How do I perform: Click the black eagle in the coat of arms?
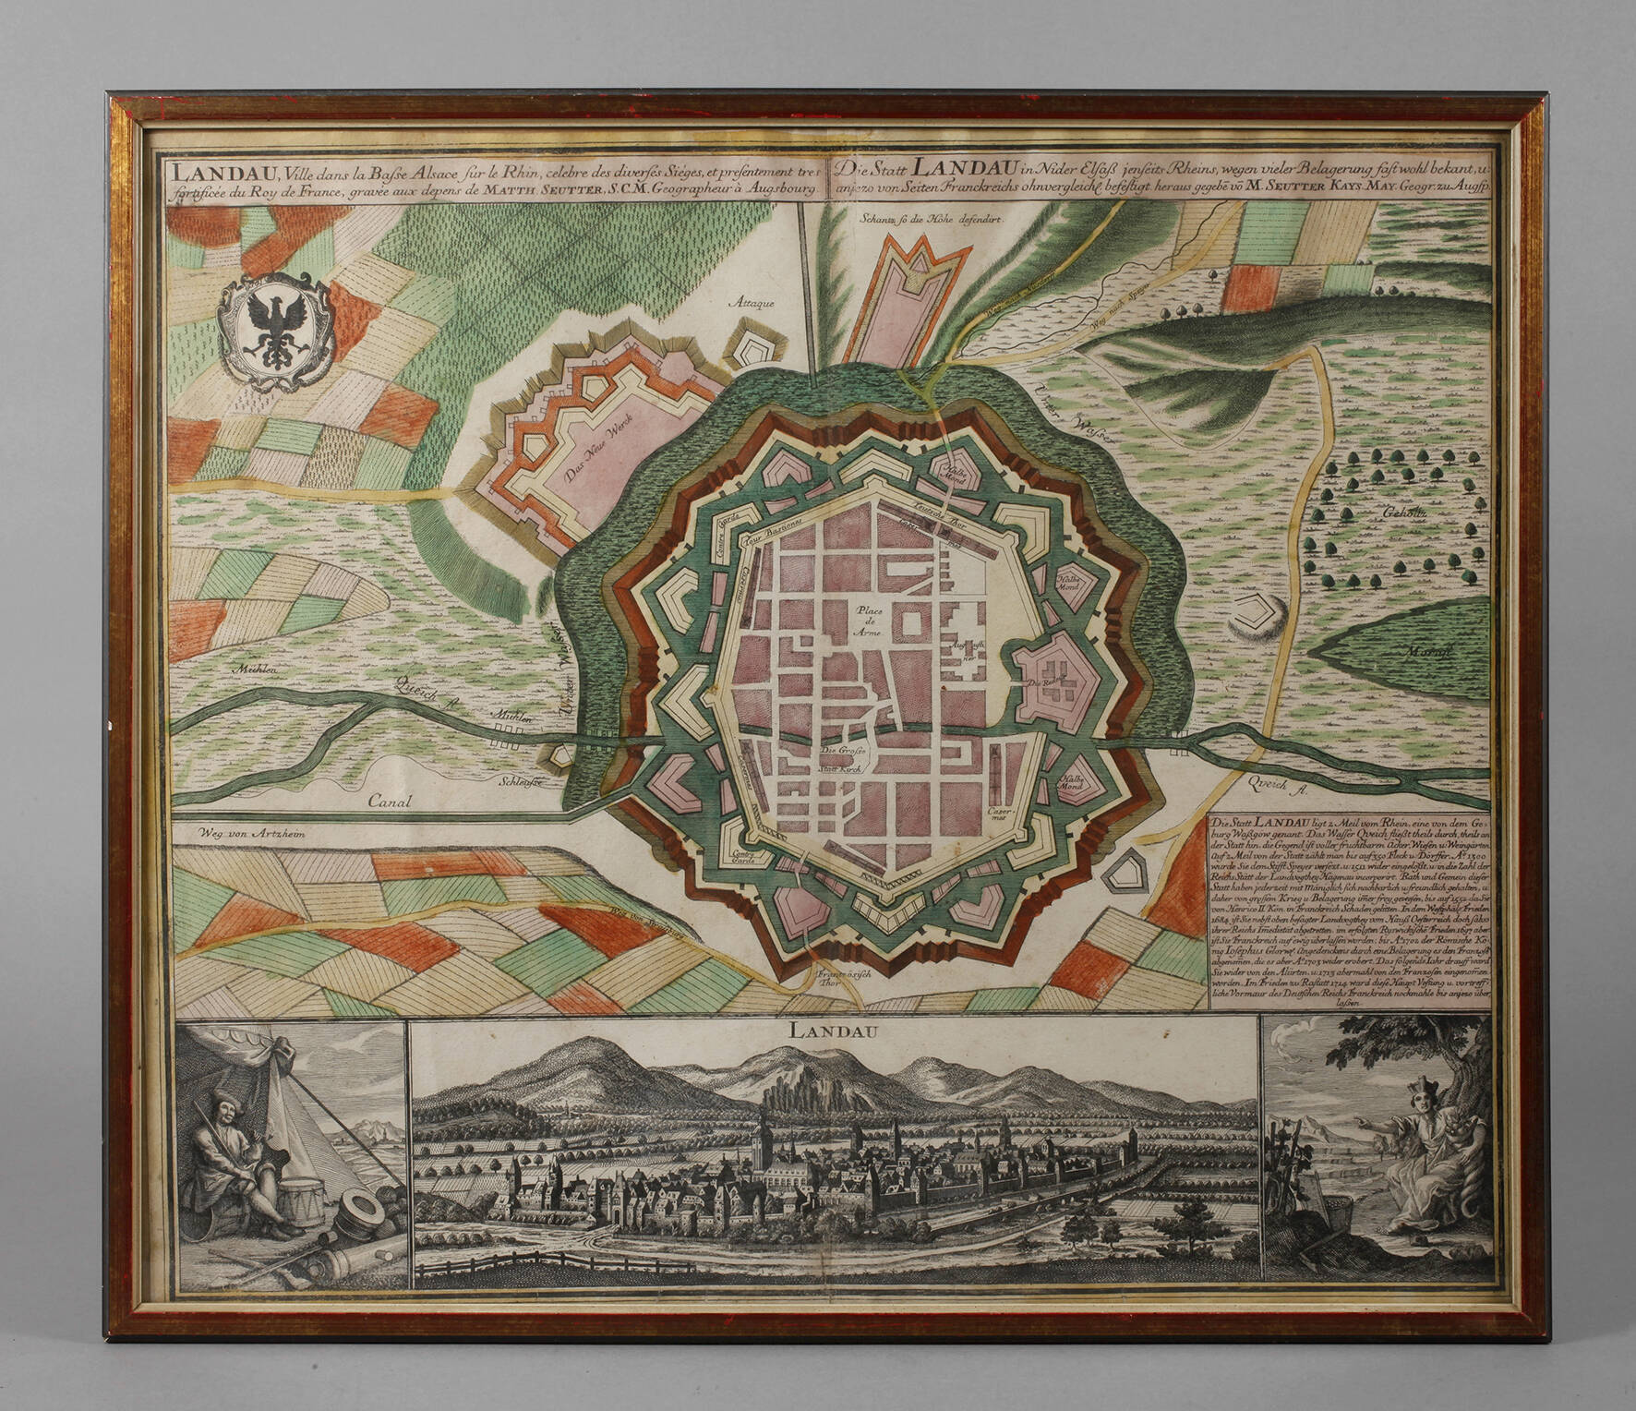point(275,332)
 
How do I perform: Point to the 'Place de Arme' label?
point(870,622)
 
